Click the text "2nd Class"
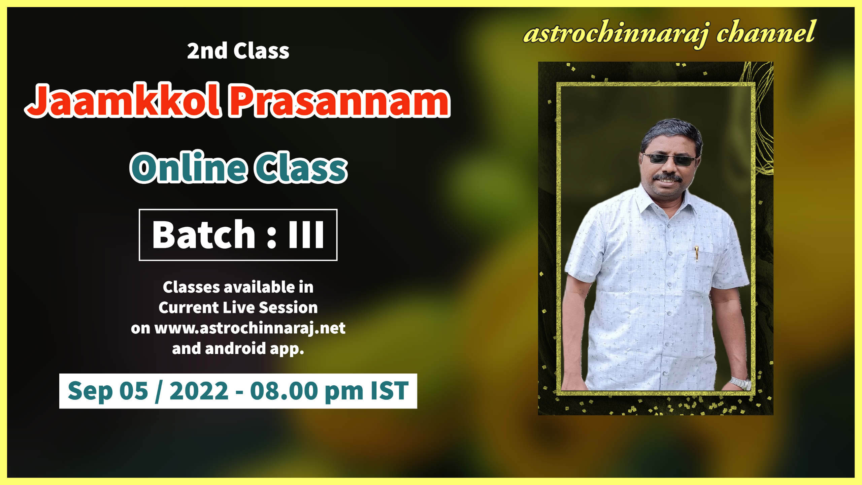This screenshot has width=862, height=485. coord(238,51)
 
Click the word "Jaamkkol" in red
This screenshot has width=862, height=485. coord(124,100)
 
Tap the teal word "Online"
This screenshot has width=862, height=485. coord(188,167)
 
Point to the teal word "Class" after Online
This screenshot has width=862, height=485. coord(301,167)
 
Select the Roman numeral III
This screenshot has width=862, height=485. coord(306,235)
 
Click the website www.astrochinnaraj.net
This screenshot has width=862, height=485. coord(250,328)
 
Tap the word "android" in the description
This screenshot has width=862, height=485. coord(235,348)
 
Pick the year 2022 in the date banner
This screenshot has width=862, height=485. coord(199,391)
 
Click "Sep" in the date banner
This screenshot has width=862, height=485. coord(90,392)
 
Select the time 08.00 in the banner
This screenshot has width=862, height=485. coord(284,391)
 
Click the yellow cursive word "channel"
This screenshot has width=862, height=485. coord(765,32)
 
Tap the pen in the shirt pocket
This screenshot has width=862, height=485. coord(696,253)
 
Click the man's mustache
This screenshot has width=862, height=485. coord(667,177)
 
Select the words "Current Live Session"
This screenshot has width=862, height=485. coord(238,308)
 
